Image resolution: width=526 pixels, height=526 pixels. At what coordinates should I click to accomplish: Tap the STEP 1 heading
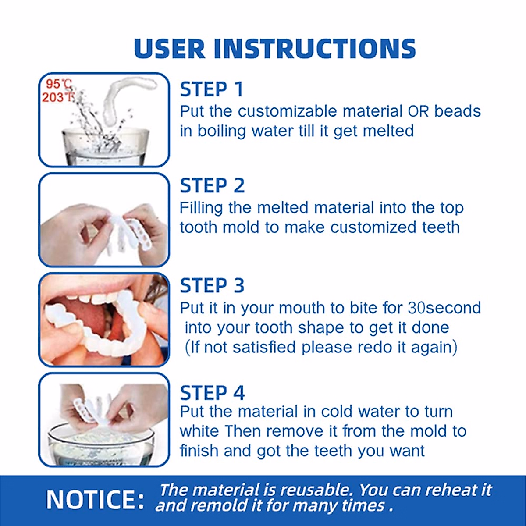(211, 89)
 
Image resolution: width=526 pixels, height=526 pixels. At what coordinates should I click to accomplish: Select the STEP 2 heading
(212, 186)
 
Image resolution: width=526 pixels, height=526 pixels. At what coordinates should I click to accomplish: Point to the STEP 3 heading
(212, 286)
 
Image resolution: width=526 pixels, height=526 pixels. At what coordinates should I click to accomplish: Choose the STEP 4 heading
(212, 393)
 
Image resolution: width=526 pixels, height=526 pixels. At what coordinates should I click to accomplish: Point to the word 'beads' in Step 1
(457, 111)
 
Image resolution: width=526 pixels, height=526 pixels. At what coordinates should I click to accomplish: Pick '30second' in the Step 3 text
(444, 308)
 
